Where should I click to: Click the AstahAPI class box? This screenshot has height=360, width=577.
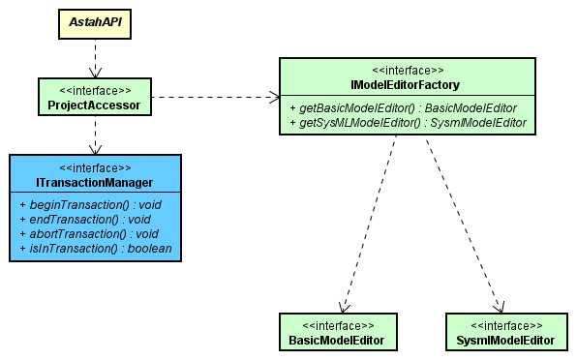tap(95, 21)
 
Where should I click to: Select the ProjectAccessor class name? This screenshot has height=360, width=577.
tap(95, 105)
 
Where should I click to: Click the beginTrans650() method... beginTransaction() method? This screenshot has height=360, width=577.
tap(88, 205)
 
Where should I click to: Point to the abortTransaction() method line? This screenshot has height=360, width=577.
tap(88, 234)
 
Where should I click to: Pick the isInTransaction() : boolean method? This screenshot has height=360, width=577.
tap(95, 249)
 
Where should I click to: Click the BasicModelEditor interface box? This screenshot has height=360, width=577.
tap(337, 332)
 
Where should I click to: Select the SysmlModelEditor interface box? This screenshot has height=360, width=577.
tap(504, 332)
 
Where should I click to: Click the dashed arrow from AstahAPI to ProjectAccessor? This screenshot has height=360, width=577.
tap(95, 60)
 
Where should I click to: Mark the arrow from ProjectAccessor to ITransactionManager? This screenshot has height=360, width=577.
tap(95, 135)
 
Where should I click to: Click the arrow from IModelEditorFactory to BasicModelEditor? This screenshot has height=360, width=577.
tap(368, 223)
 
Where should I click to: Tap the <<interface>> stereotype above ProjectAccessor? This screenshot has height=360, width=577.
tap(95, 89)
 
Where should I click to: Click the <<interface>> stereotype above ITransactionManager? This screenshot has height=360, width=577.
tap(95, 166)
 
